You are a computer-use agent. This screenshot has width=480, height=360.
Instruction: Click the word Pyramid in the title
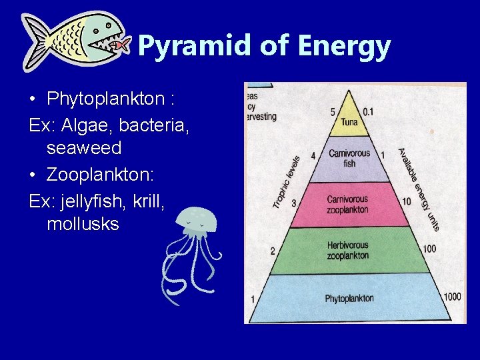181,46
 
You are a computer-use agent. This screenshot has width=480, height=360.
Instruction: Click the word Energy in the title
345,46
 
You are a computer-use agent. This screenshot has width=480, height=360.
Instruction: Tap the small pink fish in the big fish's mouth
119,45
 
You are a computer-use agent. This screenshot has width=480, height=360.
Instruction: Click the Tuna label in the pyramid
349,122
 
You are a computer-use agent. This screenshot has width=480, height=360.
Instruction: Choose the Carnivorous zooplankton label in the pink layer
347,205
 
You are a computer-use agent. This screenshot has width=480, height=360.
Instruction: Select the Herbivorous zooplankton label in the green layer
347,250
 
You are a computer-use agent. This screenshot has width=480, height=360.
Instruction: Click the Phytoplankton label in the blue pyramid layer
349,298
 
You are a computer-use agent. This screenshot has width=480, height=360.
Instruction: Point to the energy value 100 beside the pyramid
429,249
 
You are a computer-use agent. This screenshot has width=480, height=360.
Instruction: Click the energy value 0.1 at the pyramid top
368,111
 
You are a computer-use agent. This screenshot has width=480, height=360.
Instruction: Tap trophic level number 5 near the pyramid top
333,111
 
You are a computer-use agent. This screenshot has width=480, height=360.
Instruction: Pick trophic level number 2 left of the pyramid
272,251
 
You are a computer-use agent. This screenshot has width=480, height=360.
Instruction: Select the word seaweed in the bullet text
84,147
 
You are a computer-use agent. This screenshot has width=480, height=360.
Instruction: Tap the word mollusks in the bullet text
83,224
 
